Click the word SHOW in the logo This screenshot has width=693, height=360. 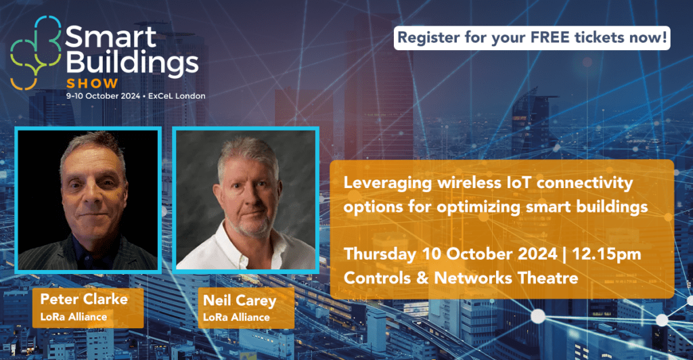(92, 83)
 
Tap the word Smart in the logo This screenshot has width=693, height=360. (111, 37)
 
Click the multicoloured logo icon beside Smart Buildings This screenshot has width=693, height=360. (36, 53)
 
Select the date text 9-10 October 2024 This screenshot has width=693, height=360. (103, 96)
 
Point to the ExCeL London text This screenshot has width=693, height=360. (177, 96)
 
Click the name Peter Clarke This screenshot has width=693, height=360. (84, 299)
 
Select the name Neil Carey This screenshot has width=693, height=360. (240, 301)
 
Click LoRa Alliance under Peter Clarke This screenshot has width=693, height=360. (73, 317)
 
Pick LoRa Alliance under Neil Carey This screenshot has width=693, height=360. (236, 317)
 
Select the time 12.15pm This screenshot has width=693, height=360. (606, 254)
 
